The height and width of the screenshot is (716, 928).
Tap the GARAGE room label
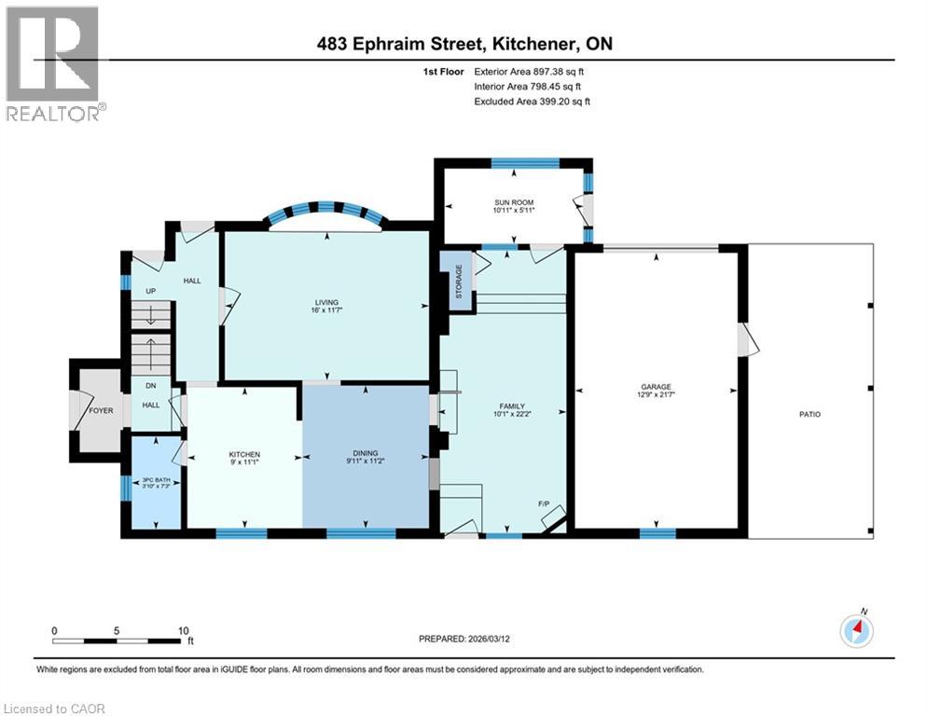coord(656,387)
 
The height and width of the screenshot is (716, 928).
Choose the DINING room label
coord(365,455)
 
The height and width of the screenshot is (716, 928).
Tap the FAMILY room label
coord(512,406)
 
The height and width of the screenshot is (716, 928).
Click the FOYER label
coord(101,409)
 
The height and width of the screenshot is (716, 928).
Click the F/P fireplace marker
coord(544,504)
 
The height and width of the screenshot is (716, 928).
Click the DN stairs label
coord(150,386)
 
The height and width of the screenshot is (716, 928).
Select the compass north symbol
coord(855,630)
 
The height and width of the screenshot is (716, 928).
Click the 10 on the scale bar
coord(183,630)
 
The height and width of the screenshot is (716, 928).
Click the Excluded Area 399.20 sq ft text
coord(532,101)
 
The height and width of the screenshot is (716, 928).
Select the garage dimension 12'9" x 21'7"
coord(656,395)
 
